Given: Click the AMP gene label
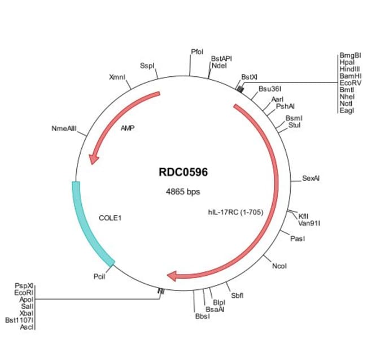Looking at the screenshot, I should click(x=128, y=128).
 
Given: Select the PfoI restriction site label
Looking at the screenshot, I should click(x=197, y=51).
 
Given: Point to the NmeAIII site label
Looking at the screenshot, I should click(x=64, y=129).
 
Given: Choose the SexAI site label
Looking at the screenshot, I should click(x=311, y=178).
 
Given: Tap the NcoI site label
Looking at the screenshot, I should click(x=279, y=266).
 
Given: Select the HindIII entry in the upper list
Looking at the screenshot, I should click(x=350, y=69).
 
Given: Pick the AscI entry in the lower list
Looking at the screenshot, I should click(x=27, y=327).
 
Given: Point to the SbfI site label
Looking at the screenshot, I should click(x=237, y=295).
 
